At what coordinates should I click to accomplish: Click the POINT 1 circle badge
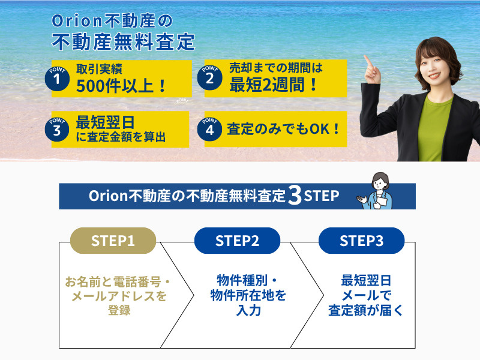click(57, 79)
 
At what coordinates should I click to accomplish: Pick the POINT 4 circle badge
click(209, 129)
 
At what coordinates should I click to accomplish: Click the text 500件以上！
click(122, 85)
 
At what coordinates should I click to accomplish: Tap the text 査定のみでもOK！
click(284, 128)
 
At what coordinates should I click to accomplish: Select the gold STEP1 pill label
click(113, 241)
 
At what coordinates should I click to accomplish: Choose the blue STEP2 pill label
click(237, 241)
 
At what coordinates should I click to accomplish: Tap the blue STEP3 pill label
click(361, 241)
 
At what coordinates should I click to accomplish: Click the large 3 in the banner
click(294, 197)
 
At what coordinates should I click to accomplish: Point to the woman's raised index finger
click(367, 63)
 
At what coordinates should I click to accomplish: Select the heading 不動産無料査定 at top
click(124, 42)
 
